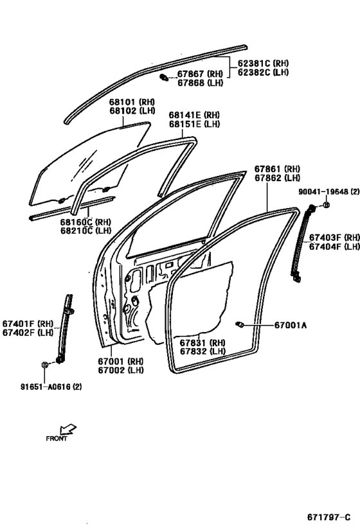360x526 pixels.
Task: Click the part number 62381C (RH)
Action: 264,63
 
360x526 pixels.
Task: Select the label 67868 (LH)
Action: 200,82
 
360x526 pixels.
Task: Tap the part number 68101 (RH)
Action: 132,101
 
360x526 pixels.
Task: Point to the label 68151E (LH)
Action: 194,124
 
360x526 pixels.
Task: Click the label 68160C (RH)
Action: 85,222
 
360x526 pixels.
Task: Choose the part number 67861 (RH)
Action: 277,169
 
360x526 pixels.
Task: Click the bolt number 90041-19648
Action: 324,191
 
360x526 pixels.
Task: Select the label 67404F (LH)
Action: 334,247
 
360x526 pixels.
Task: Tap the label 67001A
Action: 291,325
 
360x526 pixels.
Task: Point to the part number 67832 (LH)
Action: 203,351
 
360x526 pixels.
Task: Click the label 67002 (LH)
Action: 121,370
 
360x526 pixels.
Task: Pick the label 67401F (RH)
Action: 28,324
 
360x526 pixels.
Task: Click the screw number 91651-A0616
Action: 46,387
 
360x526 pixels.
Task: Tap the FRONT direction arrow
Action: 68,430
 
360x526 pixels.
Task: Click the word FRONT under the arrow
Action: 57,439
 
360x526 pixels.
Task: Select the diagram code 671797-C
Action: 329,517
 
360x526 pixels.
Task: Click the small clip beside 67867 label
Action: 164,78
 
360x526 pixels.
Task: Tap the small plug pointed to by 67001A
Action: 239,324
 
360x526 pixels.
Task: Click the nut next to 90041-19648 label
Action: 326,205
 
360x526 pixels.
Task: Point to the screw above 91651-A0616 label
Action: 44,365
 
